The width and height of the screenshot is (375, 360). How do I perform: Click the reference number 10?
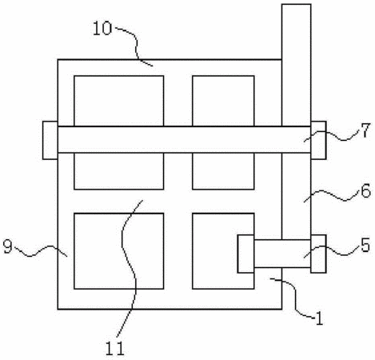102,29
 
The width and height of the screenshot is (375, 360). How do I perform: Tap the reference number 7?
365,130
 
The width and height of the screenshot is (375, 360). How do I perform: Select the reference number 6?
365,190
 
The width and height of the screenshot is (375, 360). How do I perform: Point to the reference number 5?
365,245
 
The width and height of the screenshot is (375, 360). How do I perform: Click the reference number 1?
319,318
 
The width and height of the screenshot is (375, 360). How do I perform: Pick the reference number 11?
115,348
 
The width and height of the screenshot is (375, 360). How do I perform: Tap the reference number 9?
8,246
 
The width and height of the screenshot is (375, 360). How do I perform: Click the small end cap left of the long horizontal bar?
50,140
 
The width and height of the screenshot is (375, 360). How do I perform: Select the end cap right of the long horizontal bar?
318,140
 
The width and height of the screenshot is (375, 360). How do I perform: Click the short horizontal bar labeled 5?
282,254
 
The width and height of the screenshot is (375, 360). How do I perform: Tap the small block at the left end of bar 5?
245,254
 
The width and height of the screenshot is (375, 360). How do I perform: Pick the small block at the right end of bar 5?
318,254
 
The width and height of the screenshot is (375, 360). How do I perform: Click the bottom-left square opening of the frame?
119,251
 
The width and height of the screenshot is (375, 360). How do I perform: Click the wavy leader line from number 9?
40,251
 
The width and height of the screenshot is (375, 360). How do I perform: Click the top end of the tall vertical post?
296,4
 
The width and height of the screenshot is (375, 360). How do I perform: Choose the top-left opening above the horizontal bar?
119,101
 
